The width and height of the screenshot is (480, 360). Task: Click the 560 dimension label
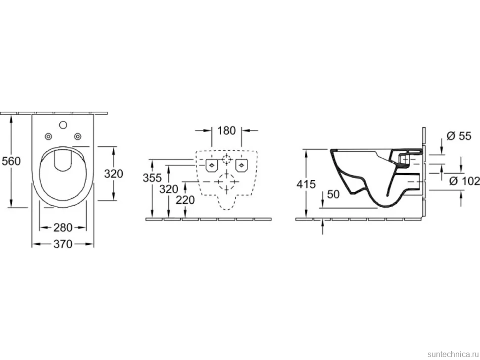click(x=11, y=161)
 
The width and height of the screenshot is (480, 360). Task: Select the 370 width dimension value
click(x=63, y=244)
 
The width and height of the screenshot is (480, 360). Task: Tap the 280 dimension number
click(x=63, y=227)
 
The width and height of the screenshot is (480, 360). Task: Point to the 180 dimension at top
click(x=227, y=131)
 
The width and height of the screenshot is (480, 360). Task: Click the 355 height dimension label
click(x=152, y=178)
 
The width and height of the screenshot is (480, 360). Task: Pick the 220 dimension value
click(x=185, y=200)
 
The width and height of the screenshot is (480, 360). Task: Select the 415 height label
click(x=306, y=184)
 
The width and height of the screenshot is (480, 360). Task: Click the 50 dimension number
click(x=334, y=194)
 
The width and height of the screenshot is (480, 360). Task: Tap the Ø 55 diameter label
click(x=459, y=136)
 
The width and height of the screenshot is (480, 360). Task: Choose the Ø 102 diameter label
click(x=464, y=181)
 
